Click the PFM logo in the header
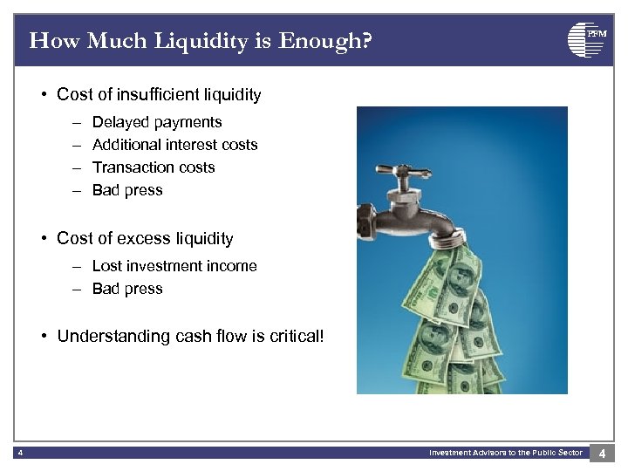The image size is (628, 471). pos(585,40)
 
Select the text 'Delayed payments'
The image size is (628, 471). pos(157,122)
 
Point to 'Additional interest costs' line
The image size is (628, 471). pos(174,145)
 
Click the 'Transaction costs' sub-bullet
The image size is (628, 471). pos(154,167)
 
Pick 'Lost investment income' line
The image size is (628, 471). pos(174,266)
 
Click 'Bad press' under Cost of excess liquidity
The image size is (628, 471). pos(127,289)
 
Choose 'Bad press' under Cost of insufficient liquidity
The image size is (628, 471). pos(127,190)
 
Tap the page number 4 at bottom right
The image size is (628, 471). pos(603,453)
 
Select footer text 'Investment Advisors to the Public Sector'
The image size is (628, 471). pos(505,453)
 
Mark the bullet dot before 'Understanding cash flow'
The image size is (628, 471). pos(44,336)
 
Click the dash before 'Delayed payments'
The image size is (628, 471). pos(76,122)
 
